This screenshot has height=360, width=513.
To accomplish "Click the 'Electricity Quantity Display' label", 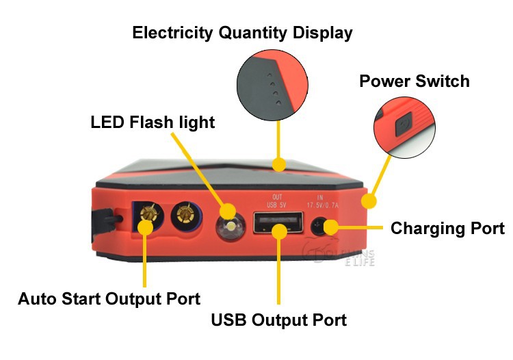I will pos(243,32).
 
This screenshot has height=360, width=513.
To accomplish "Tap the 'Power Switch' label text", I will pos(415,81).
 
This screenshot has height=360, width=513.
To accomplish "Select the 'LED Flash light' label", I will pos(153,123).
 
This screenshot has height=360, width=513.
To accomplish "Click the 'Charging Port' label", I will pos(447,228).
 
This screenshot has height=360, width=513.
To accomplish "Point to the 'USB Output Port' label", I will pos(278,320).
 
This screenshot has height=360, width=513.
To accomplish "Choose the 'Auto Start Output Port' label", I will pos(109,299).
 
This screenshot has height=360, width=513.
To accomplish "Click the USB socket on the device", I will pos(278,222).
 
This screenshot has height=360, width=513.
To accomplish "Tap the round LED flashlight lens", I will pos(231,227).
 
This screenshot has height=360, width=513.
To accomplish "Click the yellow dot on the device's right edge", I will pos(369,201).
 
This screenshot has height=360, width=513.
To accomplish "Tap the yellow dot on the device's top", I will pos(278,164).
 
